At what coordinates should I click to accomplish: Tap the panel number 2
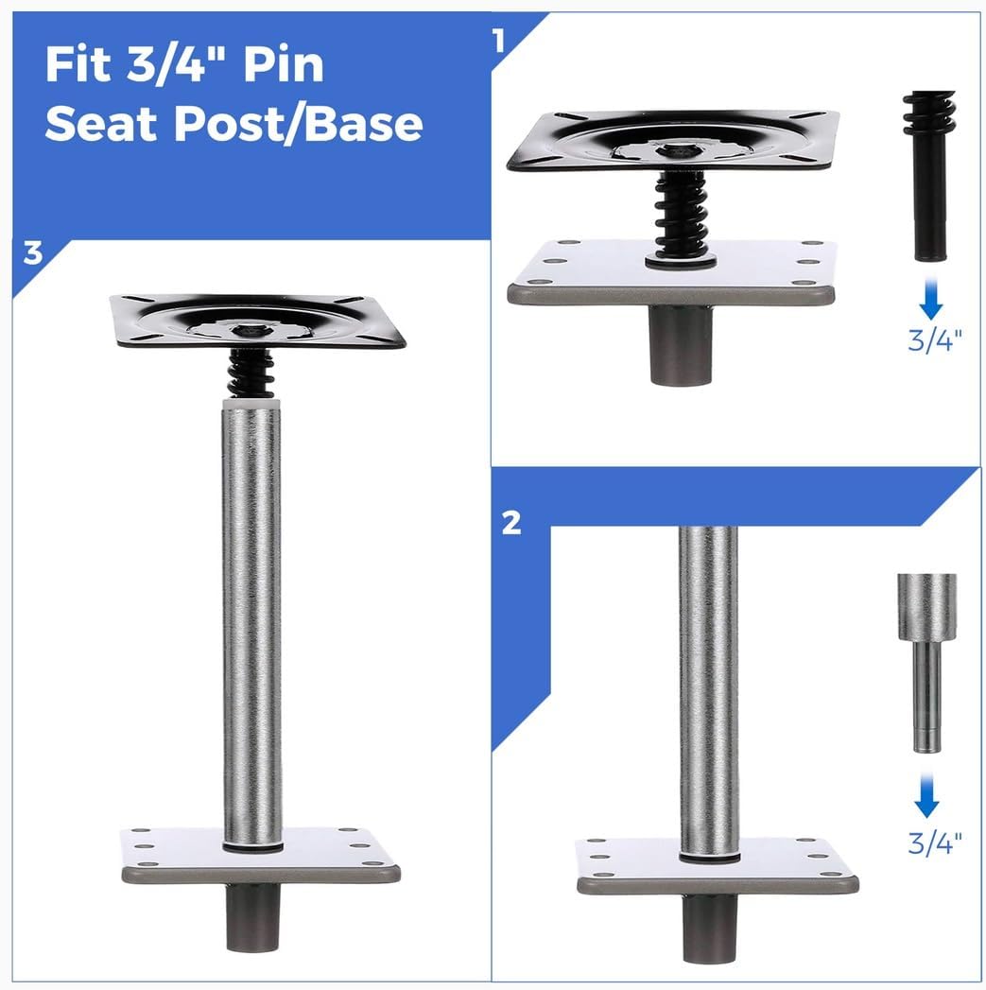511,523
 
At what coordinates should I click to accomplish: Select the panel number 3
33,255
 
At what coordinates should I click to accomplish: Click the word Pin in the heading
283,66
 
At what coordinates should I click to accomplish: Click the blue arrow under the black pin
931,302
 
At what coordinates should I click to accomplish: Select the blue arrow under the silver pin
926,802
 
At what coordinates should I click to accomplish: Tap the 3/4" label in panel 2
935,842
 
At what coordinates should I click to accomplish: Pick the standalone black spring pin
928,175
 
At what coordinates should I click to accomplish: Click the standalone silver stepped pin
926,662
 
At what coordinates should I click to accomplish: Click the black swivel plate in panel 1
673,141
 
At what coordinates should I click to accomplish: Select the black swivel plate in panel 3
257,321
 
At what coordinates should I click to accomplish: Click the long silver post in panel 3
252,615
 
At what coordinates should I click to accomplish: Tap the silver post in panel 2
707,690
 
